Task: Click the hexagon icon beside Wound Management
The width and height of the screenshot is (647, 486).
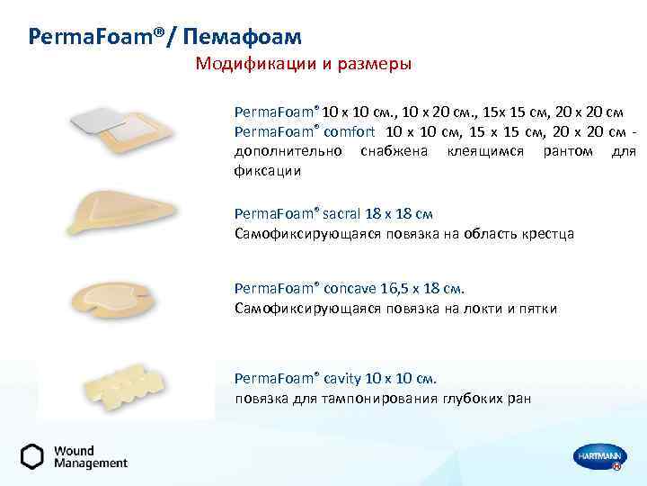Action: click(x=32, y=456)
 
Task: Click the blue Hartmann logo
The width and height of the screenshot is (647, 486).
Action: click(x=598, y=456)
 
